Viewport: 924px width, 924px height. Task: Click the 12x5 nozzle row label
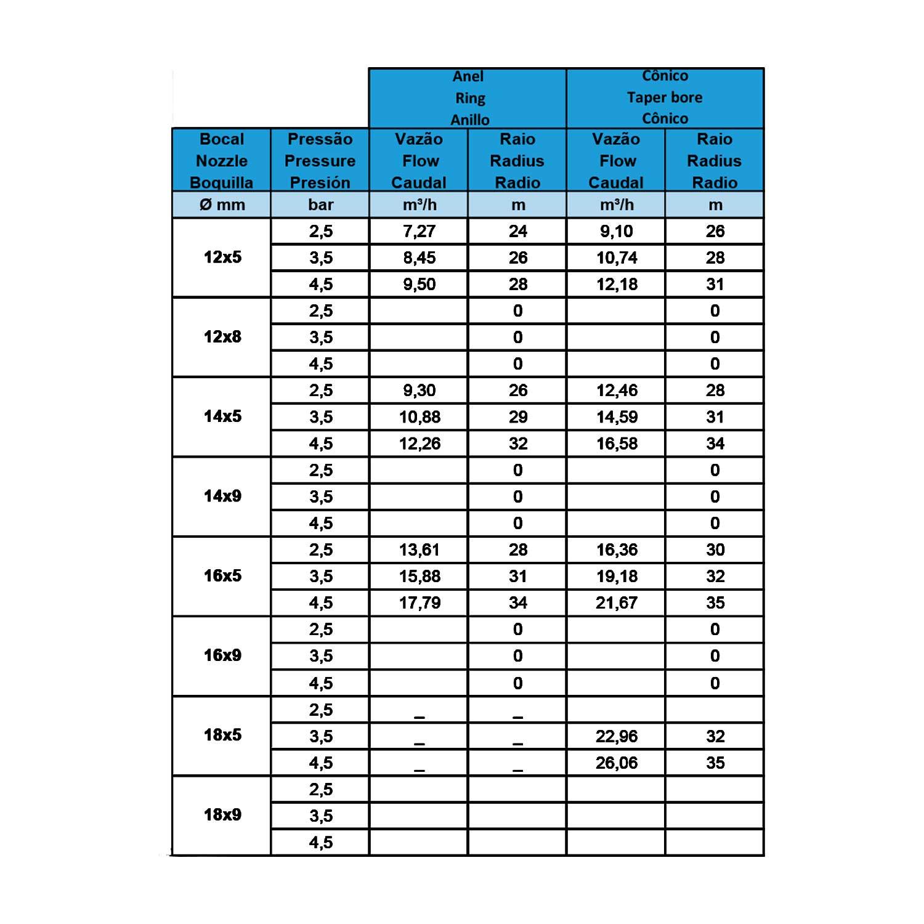(222, 257)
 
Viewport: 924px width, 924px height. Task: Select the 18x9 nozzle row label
(222, 815)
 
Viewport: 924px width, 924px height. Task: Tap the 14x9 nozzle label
(222, 496)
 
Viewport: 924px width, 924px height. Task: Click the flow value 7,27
(419, 232)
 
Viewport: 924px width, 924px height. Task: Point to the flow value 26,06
(616, 763)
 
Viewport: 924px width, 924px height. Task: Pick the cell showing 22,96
(616, 737)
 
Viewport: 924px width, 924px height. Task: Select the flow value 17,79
(419, 603)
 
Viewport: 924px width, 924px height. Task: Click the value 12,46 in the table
(617, 391)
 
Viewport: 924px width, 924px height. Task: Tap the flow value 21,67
(616, 603)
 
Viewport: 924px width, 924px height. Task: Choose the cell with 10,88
(419, 418)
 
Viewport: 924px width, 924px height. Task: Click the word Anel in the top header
(468, 76)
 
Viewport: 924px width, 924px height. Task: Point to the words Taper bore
(665, 97)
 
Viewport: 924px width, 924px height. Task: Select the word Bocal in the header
(222, 139)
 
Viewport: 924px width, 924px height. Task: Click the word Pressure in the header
(320, 161)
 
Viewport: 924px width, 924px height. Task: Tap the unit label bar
(320, 205)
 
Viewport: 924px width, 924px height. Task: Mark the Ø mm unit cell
(222, 205)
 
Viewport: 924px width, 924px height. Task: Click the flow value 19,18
(617, 577)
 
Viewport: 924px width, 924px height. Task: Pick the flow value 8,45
(419, 258)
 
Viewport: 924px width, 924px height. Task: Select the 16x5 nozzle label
(222, 576)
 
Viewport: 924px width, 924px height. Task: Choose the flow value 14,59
(617, 418)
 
